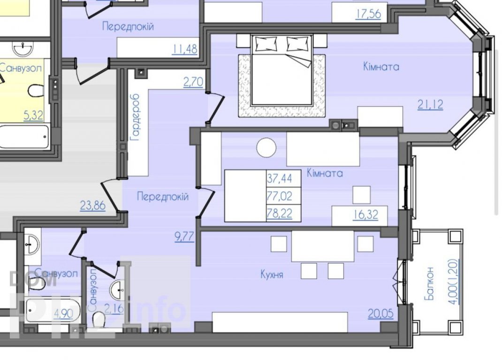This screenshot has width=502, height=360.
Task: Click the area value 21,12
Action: tap(430, 105)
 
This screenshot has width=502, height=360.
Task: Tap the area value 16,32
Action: tap(365, 215)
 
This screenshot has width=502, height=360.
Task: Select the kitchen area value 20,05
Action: tap(380, 313)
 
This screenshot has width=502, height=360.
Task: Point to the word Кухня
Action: tap(272, 274)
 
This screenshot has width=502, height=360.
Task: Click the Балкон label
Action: tap(429, 284)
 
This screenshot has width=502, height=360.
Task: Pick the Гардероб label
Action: tap(135, 118)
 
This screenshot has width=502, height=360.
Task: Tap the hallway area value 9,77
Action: tap(184, 237)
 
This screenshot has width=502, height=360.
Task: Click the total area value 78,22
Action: tap(280, 213)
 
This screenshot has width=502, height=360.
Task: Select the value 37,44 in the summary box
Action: tap(280, 178)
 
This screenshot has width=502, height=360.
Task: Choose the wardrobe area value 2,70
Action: tap(193, 82)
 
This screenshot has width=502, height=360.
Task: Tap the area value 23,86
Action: tap(92, 205)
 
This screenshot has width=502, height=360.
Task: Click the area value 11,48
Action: tap(185, 49)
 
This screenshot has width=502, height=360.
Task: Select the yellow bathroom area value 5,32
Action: tap(33, 115)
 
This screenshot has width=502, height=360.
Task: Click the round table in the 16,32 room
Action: tap(266, 148)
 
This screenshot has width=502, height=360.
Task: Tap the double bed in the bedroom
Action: tap(282, 70)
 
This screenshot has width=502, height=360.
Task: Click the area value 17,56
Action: tap(368, 14)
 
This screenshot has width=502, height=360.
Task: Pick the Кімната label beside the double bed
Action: tap(381, 67)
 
